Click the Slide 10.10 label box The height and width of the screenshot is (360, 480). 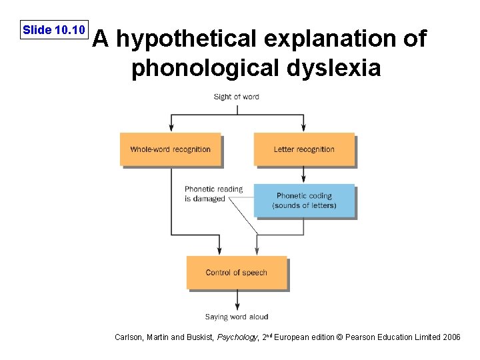pyautogui.click(x=53, y=30)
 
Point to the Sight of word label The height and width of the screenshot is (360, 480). pyautogui.click(x=236, y=97)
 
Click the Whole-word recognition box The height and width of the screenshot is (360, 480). pyautogui.click(x=170, y=149)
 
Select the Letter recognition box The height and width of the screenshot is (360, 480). pyautogui.click(x=304, y=149)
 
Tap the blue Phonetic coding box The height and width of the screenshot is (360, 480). pyautogui.click(x=304, y=201)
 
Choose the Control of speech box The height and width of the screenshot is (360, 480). pyautogui.click(x=236, y=273)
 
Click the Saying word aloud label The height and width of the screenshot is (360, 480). pyautogui.click(x=237, y=317)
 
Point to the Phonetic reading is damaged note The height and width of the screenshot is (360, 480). pyautogui.click(x=213, y=194)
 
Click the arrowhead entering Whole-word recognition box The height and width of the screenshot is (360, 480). pyautogui.click(x=171, y=130)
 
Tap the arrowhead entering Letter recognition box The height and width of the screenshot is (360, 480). pyautogui.click(x=304, y=130)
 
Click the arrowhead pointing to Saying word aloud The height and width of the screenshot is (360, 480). pyautogui.click(x=237, y=307)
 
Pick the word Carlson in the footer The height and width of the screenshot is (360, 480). pyautogui.click(x=128, y=338)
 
